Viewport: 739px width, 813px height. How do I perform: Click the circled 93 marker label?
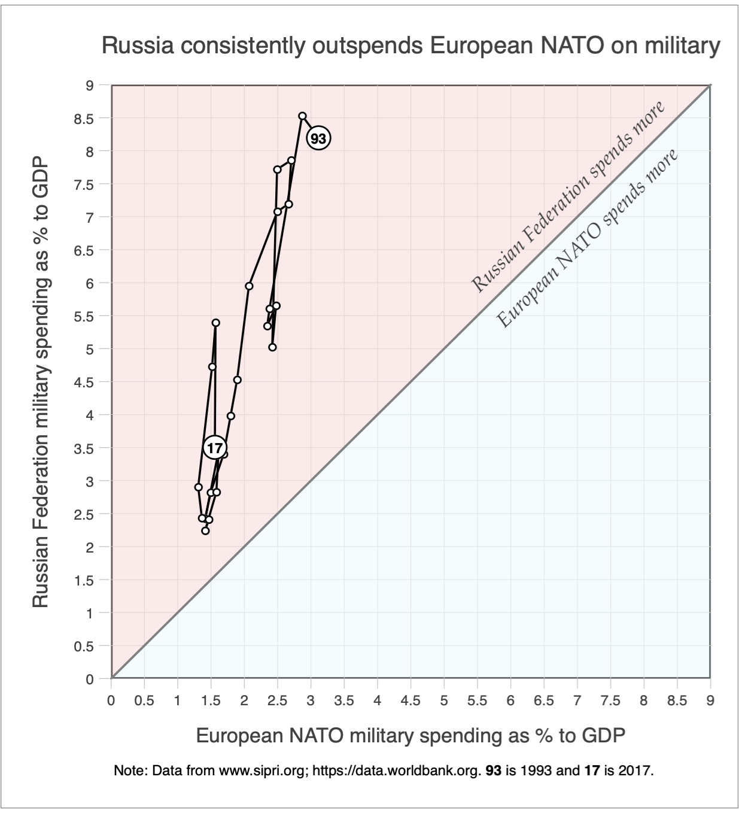(319, 139)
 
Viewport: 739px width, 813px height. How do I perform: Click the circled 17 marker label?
(215, 448)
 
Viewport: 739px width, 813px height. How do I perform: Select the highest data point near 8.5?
(302, 116)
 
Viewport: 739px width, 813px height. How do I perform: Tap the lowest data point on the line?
(205, 531)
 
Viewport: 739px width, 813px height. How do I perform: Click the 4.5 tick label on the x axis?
(410, 700)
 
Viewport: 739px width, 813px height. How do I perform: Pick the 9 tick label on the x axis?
(710, 700)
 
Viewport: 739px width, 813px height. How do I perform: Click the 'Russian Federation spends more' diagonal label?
(568, 197)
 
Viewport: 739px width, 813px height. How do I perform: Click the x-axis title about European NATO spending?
(410, 735)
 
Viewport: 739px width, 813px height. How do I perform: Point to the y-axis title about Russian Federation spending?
(41, 383)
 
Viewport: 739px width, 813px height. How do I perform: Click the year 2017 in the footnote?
(635, 770)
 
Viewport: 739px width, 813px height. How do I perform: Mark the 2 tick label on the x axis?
(244, 700)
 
